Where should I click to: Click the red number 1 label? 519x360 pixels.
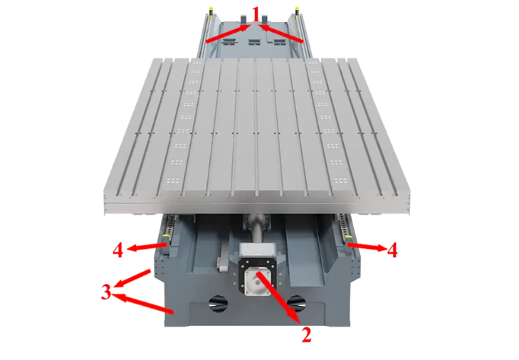click(x=255, y=14)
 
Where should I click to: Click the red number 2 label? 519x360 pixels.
click(x=306, y=334)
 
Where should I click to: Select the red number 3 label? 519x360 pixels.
click(x=106, y=292)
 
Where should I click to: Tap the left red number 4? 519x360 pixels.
click(x=118, y=250)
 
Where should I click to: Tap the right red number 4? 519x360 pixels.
click(x=392, y=250)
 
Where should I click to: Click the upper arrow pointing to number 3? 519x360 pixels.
click(x=132, y=278)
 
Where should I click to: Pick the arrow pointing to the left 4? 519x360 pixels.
click(x=146, y=247)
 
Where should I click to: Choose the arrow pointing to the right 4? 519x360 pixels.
click(x=367, y=246)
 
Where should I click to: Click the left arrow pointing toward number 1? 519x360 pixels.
click(x=228, y=33)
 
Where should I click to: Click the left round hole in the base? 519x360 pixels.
click(x=218, y=302)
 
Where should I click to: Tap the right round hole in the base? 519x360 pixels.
click(x=296, y=303)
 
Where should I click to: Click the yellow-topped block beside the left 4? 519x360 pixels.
click(x=166, y=243)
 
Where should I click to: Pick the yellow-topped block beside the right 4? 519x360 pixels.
click(x=348, y=242)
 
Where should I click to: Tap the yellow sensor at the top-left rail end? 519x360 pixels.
click(x=210, y=11)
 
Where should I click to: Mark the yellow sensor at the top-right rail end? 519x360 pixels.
click(x=297, y=10)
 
